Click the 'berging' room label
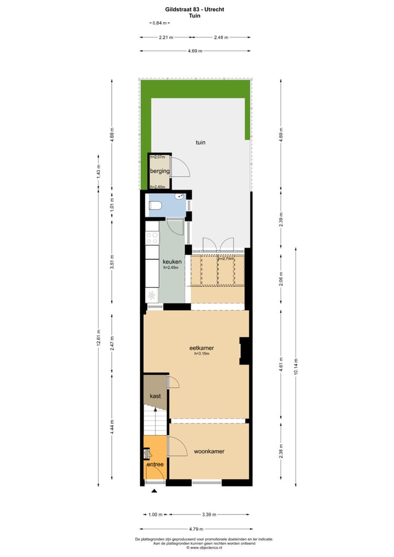pyautogui.click(x=160, y=171)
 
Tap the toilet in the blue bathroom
pyautogui.click(x=155, y=206)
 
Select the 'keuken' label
pyautogui.click(x=171, y=262)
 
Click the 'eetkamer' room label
pyautogui.click(x=201, y=347)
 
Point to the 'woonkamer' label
pyautogui.click(x=209, y=451)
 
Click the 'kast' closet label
pyautogui.click(x=155, y=396)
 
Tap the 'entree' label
pyautogui.click(x=155, y=465)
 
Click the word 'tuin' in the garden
pyautogui.click(x=201, y=142)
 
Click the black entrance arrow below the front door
pyautogui.click(x=154, y=491)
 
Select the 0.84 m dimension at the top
pyautogui.click(x=160, y=23)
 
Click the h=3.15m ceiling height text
pyautogui.click(x=202, y=354)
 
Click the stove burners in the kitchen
pyautogui.click(x=152, y=238)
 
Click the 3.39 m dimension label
pyautogui.click(x=208, y=514)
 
